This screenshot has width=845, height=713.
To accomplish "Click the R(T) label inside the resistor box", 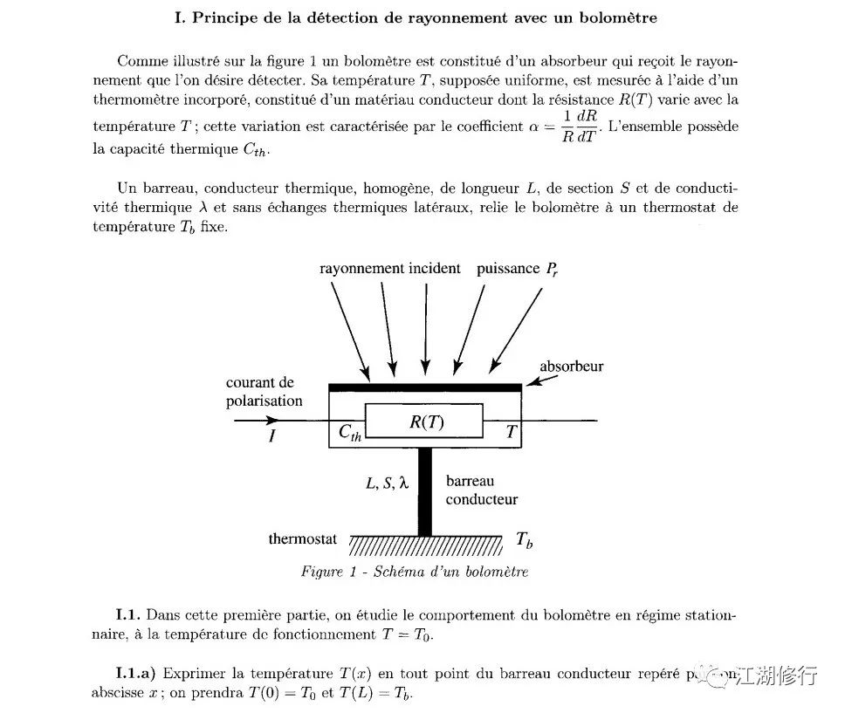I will [426, 422].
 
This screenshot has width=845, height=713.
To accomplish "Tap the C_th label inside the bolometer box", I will [349, 434].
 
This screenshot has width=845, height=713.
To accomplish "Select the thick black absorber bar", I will [425, 387].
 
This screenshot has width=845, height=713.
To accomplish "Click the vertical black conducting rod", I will [425, 491].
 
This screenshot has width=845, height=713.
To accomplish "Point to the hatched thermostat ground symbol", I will [425, 545].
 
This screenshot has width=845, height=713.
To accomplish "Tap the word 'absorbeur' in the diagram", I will [571, 367].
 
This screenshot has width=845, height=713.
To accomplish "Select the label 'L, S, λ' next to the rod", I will [387, 481].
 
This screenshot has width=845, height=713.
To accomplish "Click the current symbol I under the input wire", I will [271, 437].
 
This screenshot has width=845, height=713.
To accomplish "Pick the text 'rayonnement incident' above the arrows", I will [389, 269].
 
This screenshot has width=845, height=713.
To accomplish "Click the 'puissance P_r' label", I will [517, 269].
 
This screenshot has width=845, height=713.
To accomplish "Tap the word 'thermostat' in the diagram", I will [302, 539].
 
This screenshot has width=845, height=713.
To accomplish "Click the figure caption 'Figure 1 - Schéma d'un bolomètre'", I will [415, 572].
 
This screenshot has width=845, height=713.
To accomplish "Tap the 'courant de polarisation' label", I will [264, 392].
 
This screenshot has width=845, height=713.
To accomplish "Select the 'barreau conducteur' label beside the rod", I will [481, 490].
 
